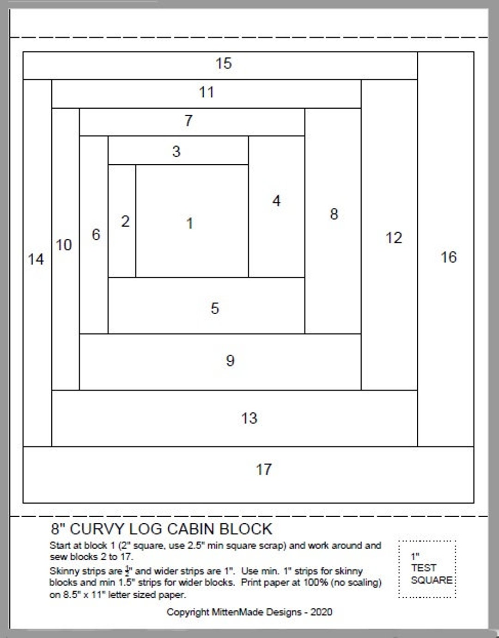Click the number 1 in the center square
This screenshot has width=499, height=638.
(x=189, y=223)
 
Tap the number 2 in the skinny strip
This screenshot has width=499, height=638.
(x=125, y=222)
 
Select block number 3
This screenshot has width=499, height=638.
(x=176, y=151)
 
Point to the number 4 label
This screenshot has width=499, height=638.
(x=276, y=201)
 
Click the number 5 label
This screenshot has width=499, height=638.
(x=215, y=308)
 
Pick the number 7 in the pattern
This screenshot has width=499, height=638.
(x=189, y=121)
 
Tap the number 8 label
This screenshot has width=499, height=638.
(x=334, y=214)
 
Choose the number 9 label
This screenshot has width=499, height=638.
(x=230, y=360)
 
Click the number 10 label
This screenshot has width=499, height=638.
(x=64, y=245)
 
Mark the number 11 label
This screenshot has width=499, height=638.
(x=207, y=92)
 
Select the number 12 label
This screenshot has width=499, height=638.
(x=394, y=238)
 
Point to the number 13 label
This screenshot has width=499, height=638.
(x=249, y=418)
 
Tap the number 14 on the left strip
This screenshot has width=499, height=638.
(x=36, y=259)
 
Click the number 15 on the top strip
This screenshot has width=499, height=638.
(x=224, y=63)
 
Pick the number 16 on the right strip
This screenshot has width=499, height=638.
(x=449, y=257)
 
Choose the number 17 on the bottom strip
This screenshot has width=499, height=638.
(x=264, y=470)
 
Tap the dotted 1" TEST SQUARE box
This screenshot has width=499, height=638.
(x=427, y=569)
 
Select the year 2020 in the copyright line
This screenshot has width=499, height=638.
(x=321, y=612)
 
